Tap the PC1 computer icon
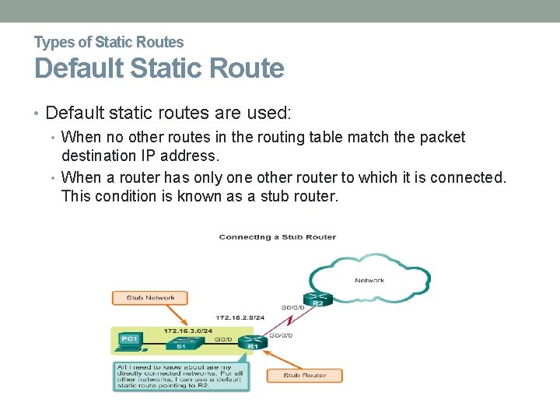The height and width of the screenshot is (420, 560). (x=128, y=340)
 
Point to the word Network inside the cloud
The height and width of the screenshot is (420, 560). (x=369, y=280)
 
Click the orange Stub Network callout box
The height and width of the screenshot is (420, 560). (x=151, y=297)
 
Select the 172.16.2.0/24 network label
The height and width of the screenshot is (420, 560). (x=240, y=318)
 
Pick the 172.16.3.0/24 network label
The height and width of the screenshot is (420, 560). (x=187, y=331)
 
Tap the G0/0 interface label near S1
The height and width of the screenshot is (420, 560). (x=223, y=339)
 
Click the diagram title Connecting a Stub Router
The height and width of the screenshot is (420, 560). (x=277, y=236)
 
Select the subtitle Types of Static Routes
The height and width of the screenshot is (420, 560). (x=109, y=42)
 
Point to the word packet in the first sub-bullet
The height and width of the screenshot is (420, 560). (x=442, y=138)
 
